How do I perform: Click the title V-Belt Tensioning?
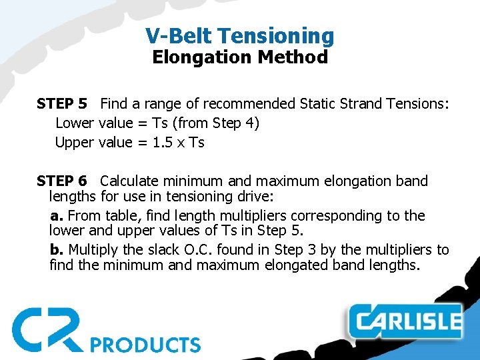[240, 35]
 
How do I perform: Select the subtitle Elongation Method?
[240, 57]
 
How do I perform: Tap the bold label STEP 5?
[62, 104]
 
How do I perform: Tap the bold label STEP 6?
[62, 181]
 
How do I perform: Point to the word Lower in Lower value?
[75, 123]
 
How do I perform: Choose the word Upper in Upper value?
[75, 143]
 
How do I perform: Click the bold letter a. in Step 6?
[57, 216]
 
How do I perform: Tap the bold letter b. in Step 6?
[57, 250]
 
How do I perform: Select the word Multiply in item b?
[93, 250]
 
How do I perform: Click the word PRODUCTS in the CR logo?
[145, 345]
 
